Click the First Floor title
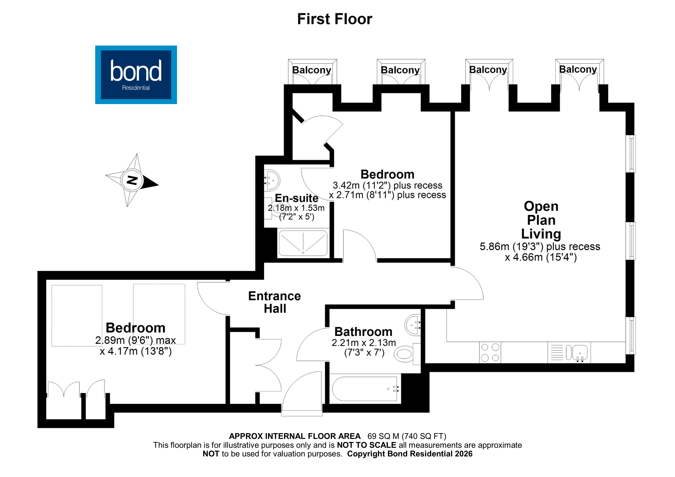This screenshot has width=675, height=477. point(335,19)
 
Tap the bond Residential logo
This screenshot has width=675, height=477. point(136,75)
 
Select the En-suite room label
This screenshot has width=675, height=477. point(296,198)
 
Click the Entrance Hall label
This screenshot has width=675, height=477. point(275,302)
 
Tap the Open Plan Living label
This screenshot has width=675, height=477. point(541,220)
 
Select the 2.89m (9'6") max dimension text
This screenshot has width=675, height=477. point(135,340)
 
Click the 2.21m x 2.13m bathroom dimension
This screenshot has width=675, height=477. point(364,343)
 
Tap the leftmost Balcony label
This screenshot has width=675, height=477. point(312,70)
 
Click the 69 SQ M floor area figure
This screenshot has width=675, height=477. point(383,436)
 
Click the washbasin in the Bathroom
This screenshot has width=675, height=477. point(413,325)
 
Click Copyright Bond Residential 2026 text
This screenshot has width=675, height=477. point(410,454)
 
